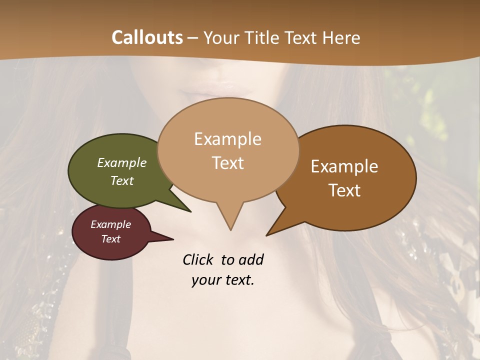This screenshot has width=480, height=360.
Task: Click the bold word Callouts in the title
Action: [x=147, y=37]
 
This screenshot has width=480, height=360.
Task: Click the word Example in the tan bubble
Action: [x=227, y=139]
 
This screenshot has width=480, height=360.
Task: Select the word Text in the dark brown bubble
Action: [x=345, y=190]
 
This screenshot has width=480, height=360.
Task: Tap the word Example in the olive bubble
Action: [x=122, y=162]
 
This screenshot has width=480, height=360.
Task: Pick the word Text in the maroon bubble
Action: [x=111, y=239]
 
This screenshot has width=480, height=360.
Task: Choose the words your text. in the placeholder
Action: [x=223, y=280]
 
